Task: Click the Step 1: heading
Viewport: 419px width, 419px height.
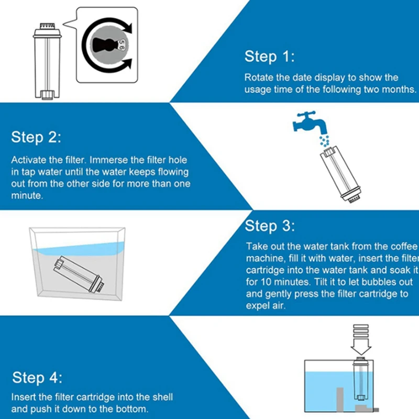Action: (x=269, y=57)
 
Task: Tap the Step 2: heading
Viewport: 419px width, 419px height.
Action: (x=36, y=137)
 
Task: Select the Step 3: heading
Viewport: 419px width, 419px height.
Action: (x=270, y=226)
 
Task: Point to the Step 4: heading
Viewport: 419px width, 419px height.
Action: (x=37, y=378)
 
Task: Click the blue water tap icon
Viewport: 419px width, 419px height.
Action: (x=310, y=123)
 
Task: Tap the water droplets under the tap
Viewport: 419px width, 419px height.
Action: (x=325, y=141)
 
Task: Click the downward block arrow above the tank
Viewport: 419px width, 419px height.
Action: (x=361, y=340)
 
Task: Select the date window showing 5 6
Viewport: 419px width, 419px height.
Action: (x=121, y=45)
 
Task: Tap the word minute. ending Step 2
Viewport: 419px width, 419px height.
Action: (x=27, y=195)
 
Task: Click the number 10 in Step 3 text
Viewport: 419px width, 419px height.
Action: (x=266, y=282)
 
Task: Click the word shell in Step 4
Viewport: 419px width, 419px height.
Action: (x=163, y=397)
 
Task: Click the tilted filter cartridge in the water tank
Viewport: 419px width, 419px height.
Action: (x=79, y=274)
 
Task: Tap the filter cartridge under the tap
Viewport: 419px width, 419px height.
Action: (x=341, y=174)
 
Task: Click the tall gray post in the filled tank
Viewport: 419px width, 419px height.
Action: (x=339, y=399)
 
